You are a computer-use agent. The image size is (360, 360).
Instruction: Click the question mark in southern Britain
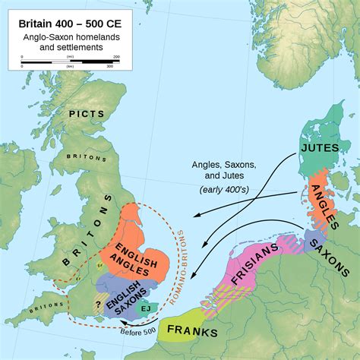click(x=99, y=302)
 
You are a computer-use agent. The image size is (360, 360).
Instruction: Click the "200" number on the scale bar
click(x=116, y=56)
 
